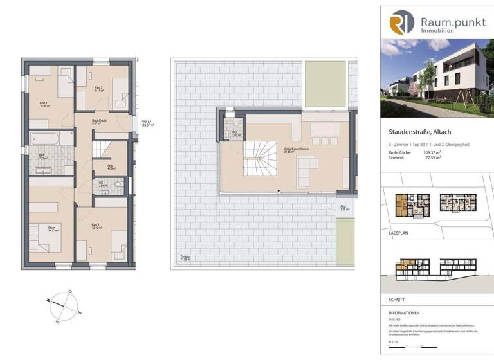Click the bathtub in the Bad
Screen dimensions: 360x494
click(44, 138)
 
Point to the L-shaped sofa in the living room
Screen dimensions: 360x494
click(307, 169)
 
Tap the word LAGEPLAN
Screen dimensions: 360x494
click(392, 228)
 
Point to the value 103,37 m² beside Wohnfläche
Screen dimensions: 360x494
click(434, 153)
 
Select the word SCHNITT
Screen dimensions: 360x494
click(390, 300)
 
